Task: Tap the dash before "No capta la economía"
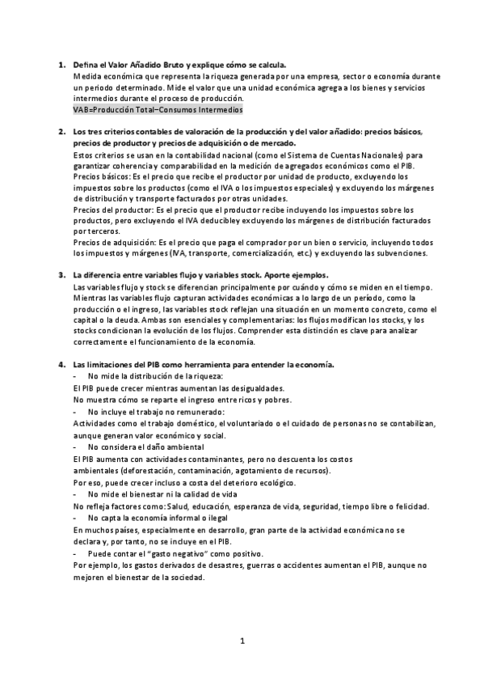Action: (75, 518)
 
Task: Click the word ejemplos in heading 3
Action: (304, 275)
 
